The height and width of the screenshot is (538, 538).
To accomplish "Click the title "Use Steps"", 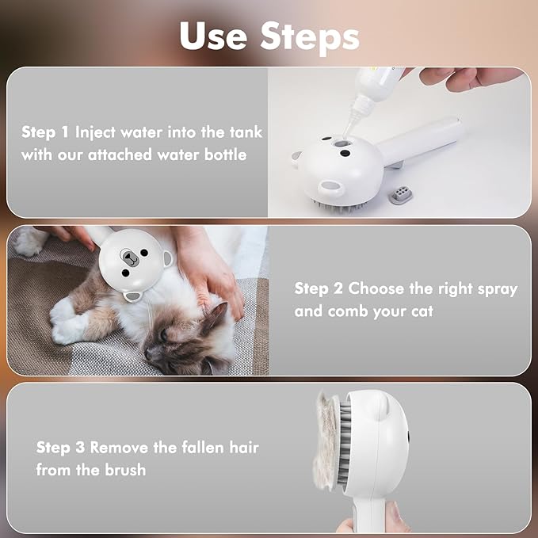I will point(269,35).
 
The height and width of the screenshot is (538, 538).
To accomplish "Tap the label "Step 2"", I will point(319,288).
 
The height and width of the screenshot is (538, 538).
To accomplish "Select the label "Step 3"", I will point(61,448).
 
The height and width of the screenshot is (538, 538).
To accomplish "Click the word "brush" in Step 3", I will point(124,470).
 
